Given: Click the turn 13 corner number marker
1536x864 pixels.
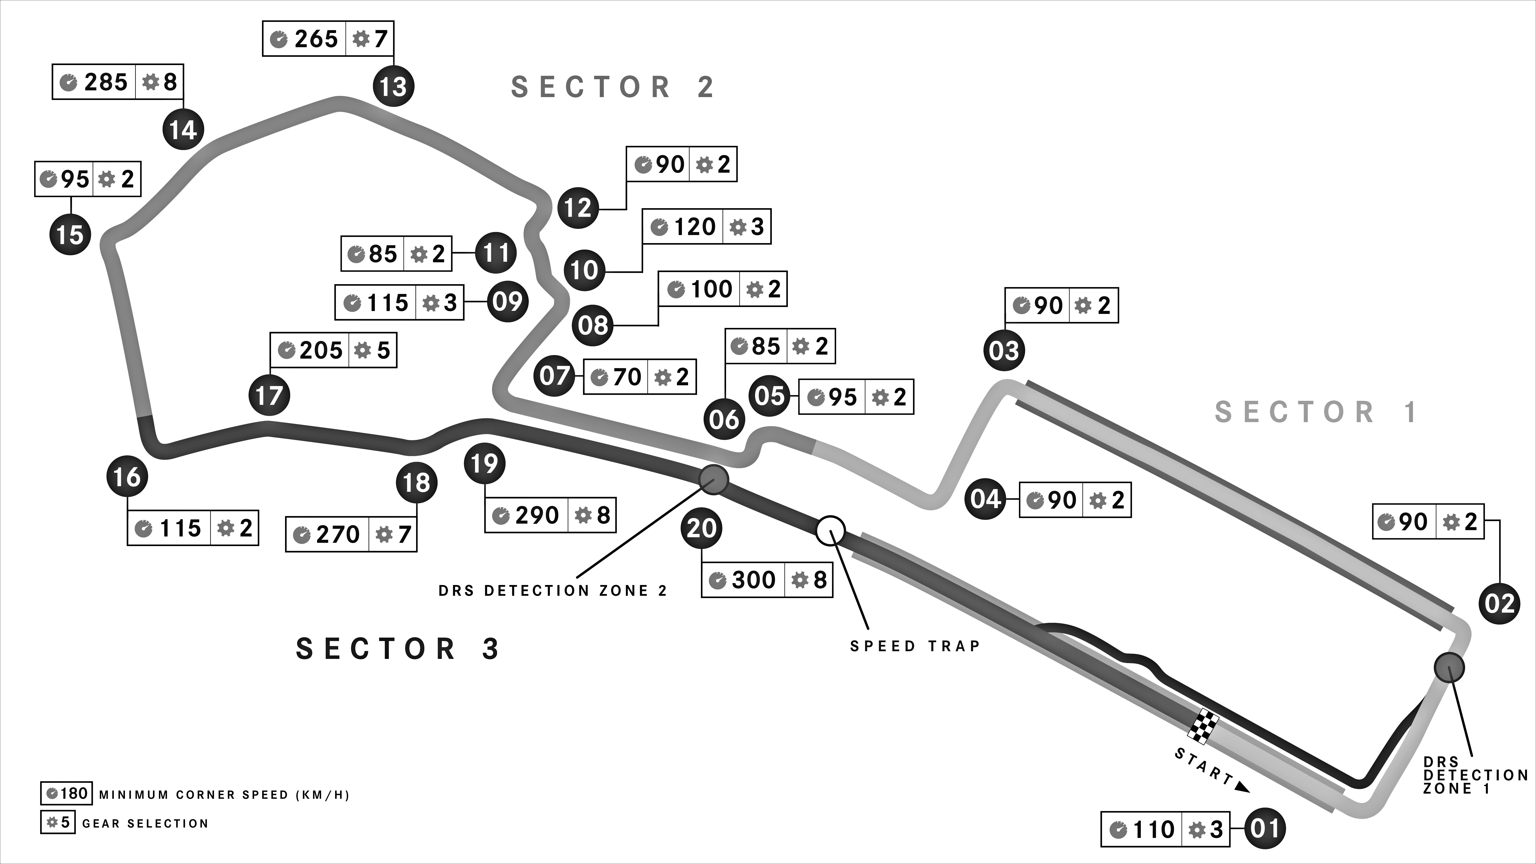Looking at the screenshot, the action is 393,87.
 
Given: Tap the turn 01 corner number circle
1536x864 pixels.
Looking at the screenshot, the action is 1265,828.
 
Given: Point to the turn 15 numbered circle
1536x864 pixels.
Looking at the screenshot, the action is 70,234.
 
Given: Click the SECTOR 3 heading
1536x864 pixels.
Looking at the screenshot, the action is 398,649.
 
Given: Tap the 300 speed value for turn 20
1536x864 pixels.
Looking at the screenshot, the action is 754,580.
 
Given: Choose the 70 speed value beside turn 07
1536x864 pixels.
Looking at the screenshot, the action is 627,377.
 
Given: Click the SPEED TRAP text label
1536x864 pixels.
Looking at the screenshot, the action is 915,646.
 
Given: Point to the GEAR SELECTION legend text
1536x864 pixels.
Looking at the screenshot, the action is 145,824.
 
